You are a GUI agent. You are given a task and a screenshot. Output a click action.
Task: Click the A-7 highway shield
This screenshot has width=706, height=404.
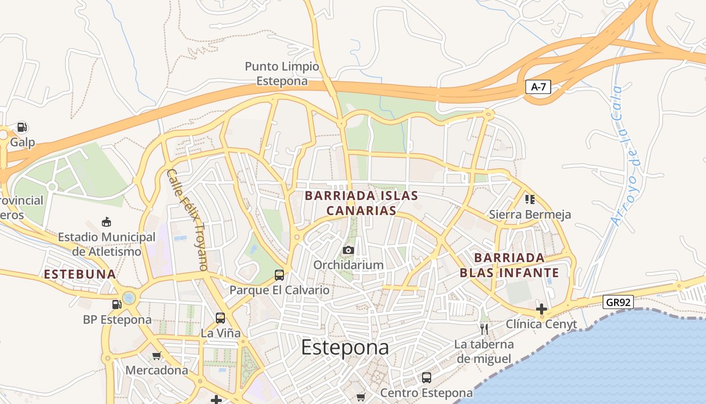tap(539, 87)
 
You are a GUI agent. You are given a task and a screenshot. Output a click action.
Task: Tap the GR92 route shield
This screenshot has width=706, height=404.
tap(618, 302)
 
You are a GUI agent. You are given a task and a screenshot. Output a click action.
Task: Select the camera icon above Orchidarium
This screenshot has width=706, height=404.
tap(348, 250)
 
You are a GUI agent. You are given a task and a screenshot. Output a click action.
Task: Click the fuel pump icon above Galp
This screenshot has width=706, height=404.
tap(22, 127)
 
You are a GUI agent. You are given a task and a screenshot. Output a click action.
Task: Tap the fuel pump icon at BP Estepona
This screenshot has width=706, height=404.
tap(117, 304)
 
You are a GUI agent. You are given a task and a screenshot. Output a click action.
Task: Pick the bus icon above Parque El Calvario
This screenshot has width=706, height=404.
tap(279, 275)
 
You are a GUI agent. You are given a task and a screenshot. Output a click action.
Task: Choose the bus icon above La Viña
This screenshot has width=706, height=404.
tap(220, 318)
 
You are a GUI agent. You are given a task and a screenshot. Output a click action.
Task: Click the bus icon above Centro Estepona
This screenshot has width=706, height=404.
tap(427, 377)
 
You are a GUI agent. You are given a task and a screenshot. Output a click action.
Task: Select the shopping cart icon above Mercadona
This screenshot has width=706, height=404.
tap(157, 356)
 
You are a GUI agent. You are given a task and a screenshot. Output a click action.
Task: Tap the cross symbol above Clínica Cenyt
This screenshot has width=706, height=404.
tap(542, 309)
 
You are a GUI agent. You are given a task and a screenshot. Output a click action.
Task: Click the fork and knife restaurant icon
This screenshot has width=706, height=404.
tap(484, 329)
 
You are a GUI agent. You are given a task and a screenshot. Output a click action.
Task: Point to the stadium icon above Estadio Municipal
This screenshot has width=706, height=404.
tap(106, 222)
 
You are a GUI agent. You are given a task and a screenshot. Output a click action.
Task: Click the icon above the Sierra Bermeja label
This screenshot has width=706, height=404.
tap(529, 199)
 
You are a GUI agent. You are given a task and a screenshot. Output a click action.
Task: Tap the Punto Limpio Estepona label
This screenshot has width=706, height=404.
tap(282, 74)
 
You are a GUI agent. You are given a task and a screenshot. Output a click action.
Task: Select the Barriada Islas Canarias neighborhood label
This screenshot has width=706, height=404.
tap(362, 203)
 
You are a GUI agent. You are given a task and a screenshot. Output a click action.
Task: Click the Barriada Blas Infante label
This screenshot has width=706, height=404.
tap(509, 266)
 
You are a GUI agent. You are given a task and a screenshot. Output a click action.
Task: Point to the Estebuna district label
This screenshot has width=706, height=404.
tap(80, 274)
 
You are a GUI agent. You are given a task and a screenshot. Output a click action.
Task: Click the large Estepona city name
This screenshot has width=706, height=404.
tap(345, 347)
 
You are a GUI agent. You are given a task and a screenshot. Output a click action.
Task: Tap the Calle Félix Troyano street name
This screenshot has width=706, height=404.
tap(187, 219)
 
